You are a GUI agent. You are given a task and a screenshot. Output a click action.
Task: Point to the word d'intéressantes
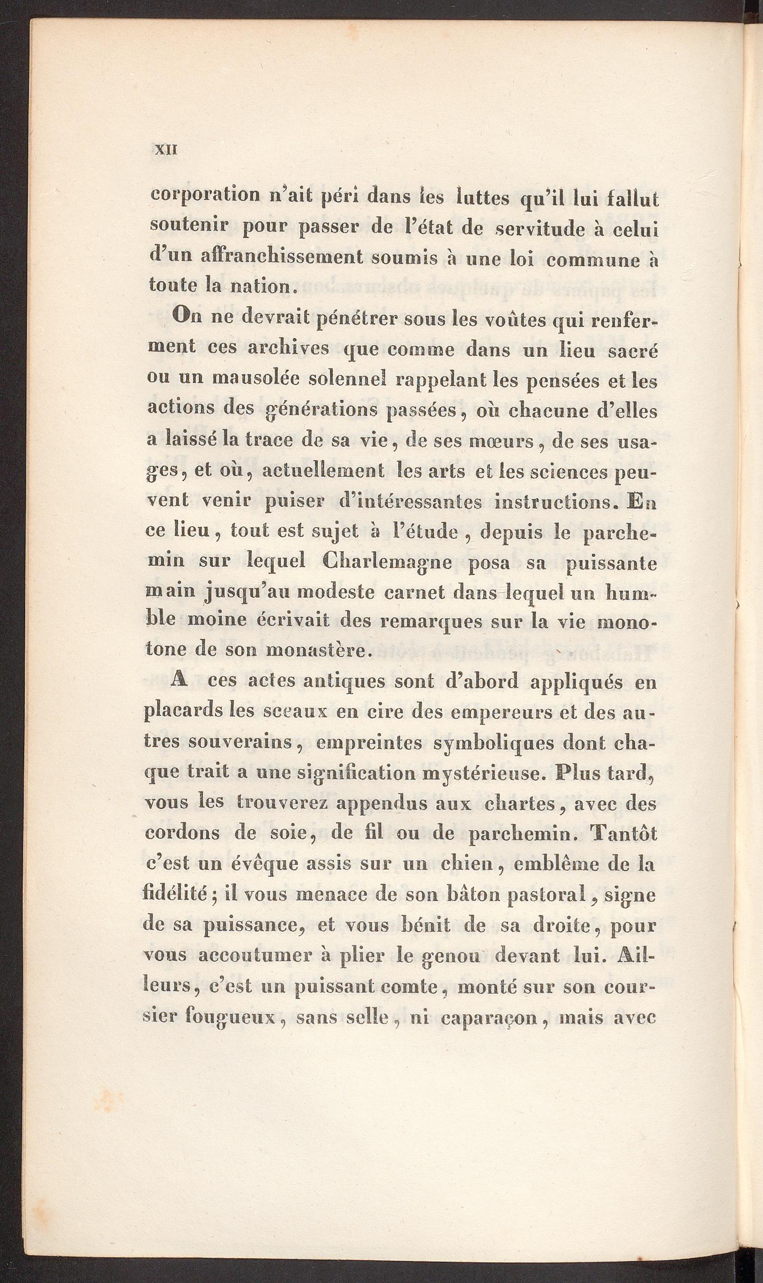click(411, 502)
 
